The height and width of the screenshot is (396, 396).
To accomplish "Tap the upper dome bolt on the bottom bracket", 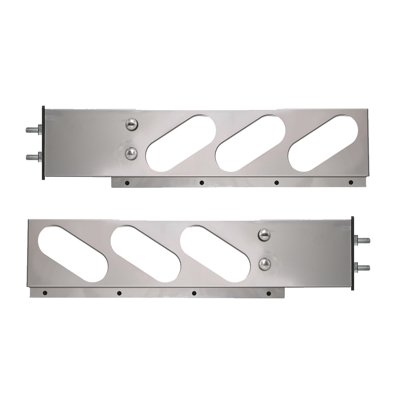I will [265, 234].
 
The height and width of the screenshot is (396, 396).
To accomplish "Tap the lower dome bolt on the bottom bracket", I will [264, 263].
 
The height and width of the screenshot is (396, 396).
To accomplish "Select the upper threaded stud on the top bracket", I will [31, 130].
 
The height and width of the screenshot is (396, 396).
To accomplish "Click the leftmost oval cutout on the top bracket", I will [181, 144].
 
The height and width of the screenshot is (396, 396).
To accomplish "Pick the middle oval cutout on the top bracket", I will [250, 144].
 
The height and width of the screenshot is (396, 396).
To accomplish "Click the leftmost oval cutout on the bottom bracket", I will [73, 253].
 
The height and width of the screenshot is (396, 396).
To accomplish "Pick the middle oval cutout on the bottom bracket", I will [146, 253].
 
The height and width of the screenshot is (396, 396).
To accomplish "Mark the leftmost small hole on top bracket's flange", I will [127, 183].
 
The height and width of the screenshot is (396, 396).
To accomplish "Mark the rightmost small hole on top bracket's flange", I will [350, 182].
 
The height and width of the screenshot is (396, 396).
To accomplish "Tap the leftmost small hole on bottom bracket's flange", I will [45, 293].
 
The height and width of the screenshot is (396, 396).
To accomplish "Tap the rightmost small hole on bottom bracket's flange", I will [268, 293].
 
